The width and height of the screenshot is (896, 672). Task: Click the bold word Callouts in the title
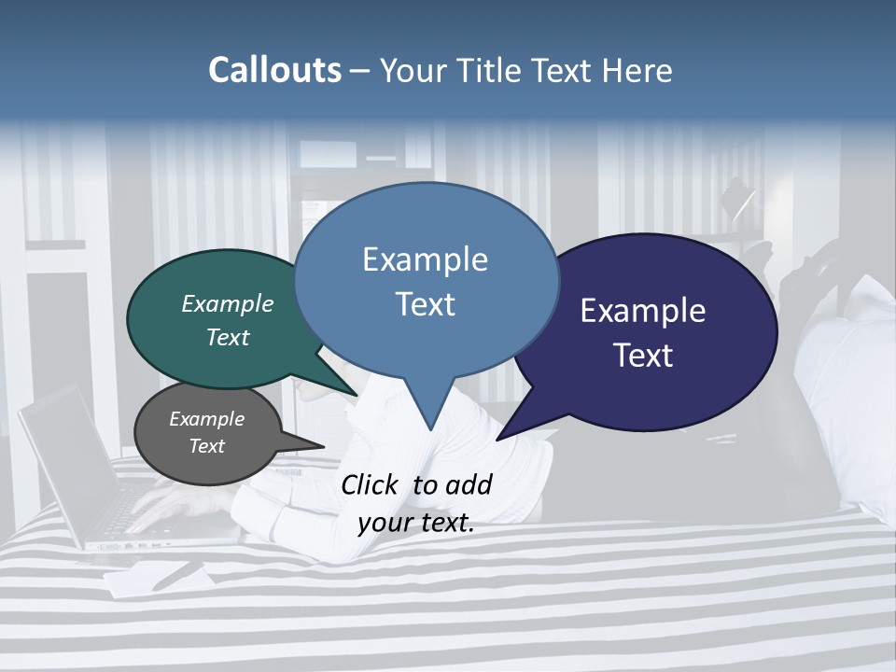click(x=274, y=71)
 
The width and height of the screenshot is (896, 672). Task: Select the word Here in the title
click(x=637, y=71)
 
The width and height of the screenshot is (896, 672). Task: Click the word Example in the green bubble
click(x=228, y=304)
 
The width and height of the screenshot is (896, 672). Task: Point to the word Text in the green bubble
click(x=228, y=337)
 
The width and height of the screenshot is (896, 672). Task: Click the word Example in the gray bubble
click(x=206, y=419)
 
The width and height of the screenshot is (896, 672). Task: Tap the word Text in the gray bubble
click(x=206, y=446)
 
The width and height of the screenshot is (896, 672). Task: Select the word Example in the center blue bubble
click(x=425, y=259)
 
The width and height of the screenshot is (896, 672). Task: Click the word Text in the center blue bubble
click(x=425, y=304)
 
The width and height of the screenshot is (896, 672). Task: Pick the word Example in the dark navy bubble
click(x=643, y=311)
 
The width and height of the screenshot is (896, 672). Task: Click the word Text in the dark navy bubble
click(x=643, y=356)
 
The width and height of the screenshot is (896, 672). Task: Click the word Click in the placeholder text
click(x=371, y=485)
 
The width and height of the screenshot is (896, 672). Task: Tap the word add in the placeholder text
click(x=468, y=485)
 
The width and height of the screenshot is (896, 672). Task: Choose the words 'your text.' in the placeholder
click(x=416, y=524)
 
